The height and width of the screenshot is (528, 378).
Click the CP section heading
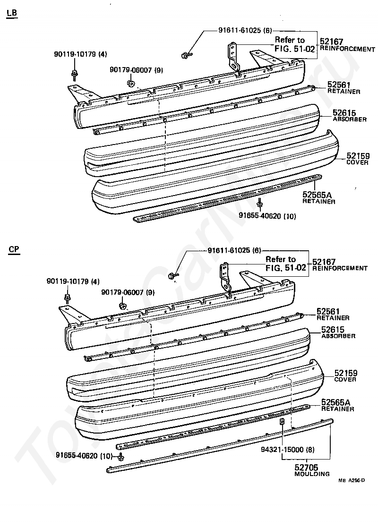[13, 250]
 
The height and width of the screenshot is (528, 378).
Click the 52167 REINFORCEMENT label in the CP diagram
[339, 265]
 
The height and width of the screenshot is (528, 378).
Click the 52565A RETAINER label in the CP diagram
[337, 405]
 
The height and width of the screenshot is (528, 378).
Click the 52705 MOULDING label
[312, 470]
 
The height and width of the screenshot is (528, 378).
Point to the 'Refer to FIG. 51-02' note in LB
[290, 44]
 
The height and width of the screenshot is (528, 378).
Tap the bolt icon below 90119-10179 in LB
[75, 74]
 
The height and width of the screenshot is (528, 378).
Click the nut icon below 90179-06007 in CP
[122, 306]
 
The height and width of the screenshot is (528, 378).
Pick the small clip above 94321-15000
[282, 422]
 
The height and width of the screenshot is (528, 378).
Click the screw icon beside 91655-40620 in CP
[121, 457]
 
